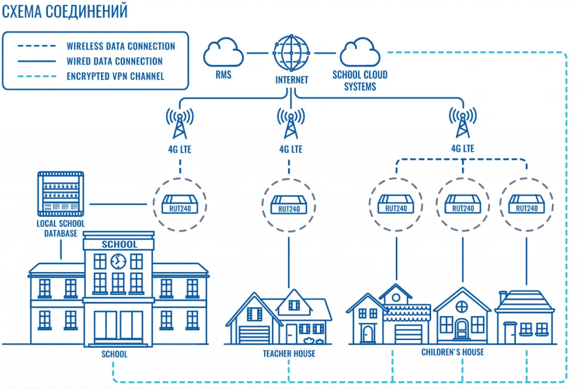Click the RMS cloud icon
(224, 52)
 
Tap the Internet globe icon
(291, 53)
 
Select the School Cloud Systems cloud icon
(360, 52)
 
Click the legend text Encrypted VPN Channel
(115, 76)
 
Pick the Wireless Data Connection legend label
(121, 46)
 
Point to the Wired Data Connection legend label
(115, 61)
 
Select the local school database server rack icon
(60, 193)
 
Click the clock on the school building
(118, 261)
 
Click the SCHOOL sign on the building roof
(119, 244)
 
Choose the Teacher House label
(289, 354)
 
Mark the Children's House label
(452, 352)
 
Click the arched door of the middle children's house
(461, 329)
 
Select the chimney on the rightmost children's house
(503, 297)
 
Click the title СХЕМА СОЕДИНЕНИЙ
(64, 11)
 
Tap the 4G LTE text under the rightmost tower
(462, 149)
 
